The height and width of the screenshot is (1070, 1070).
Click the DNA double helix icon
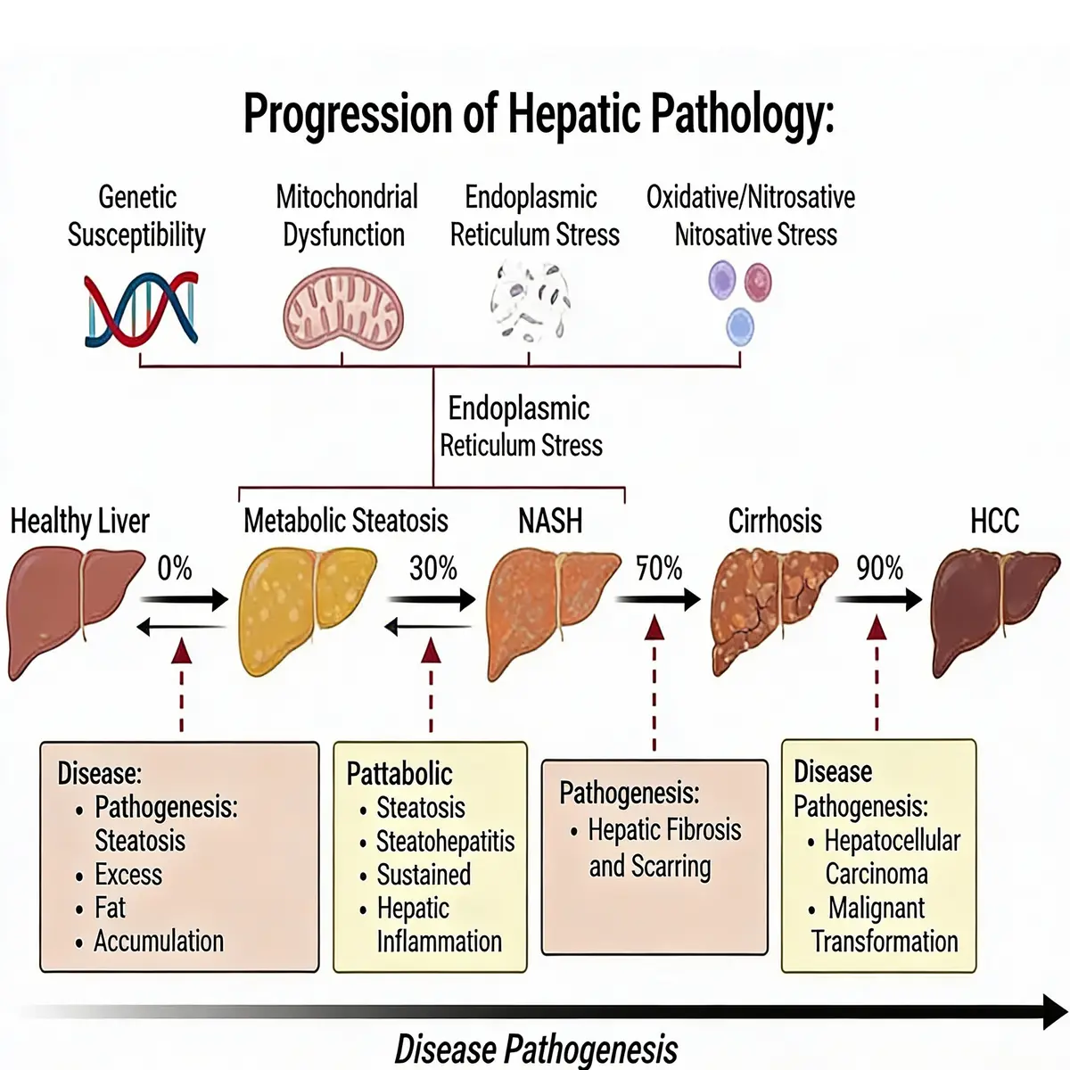(x=141, y=309)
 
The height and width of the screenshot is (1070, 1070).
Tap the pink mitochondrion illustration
(x=343, y=311)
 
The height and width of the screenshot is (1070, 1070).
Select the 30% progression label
(x=432, y=568)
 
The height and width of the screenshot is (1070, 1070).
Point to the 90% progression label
(x=879, y=568)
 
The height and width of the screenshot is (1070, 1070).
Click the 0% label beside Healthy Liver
(x=175, y=568)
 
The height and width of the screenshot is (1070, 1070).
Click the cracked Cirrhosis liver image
(x=773, y=611)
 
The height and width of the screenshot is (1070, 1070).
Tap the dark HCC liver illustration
(x=994, y=611)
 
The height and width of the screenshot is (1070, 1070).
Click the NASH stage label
(x=550, y=521)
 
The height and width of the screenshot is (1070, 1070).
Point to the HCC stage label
(x=994, y=521)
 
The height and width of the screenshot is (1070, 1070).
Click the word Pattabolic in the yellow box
(x=399, y=773)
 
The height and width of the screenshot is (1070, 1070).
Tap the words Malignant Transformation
(x=883, y=925)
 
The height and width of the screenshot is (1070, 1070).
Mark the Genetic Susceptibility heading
(x=136, y=216)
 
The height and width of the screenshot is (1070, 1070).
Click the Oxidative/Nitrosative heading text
(x=751, y=197)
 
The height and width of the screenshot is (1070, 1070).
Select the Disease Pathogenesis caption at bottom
(x=536, y=1049)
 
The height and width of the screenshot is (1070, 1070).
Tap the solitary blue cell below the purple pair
(x=739, y=326)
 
